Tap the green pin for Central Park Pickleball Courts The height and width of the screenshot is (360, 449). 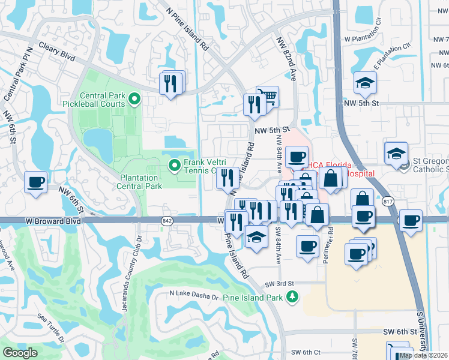(x=134, y=99)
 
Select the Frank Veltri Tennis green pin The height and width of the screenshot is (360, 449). (x=175, y=164)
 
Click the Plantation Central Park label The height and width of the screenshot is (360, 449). (x=141, y=182)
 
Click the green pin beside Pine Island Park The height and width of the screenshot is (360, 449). (x=292, y=296)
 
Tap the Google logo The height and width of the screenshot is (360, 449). (x=20, y=353)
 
